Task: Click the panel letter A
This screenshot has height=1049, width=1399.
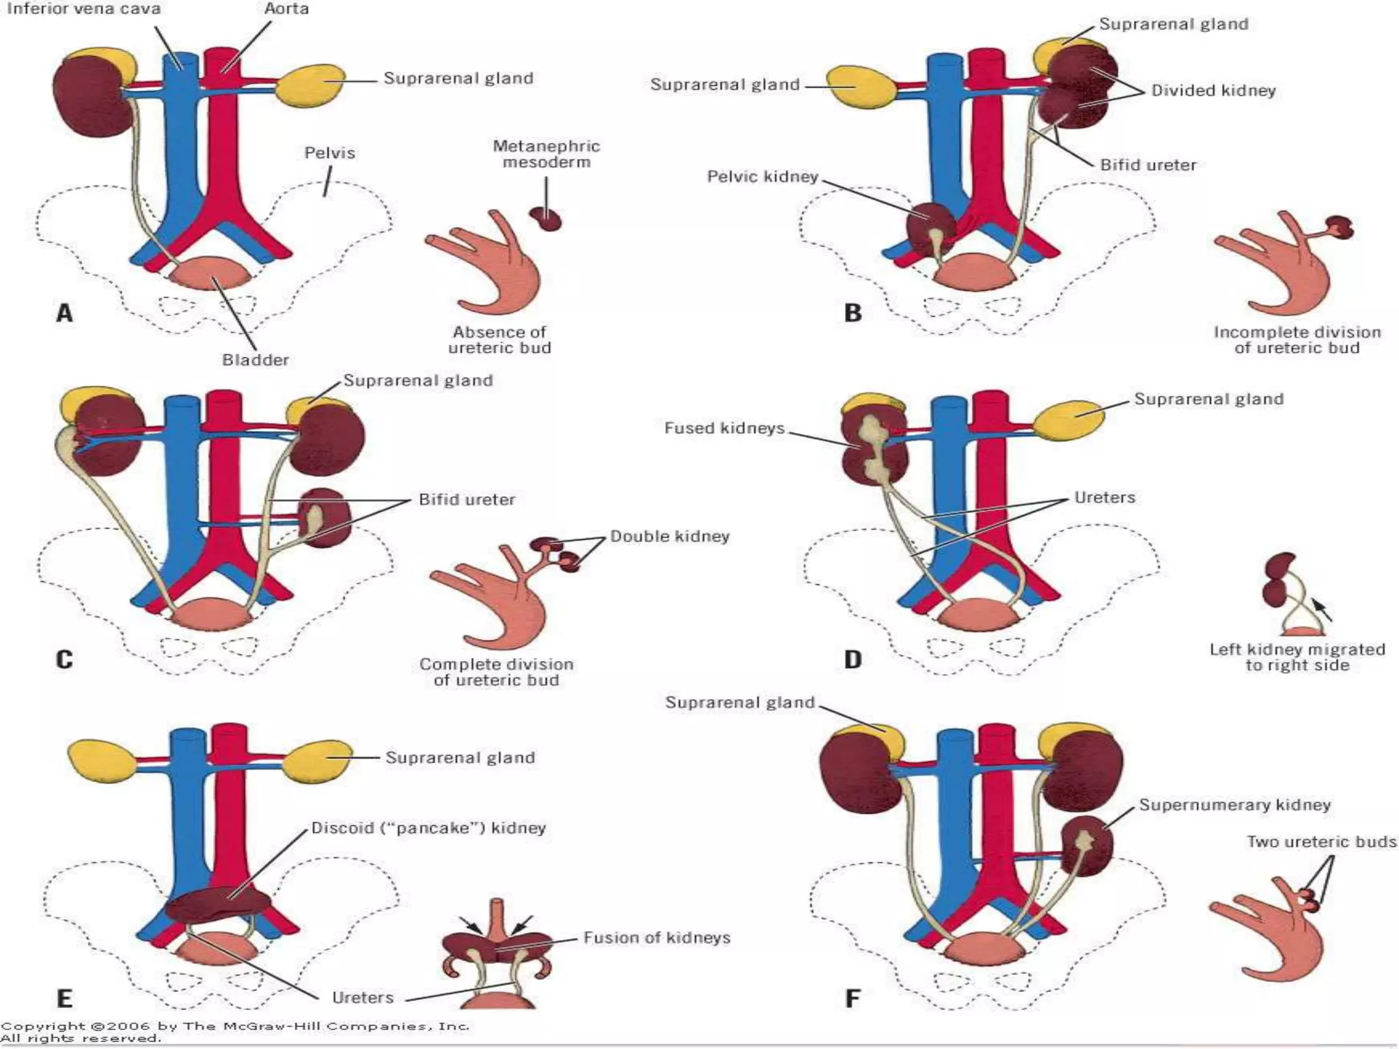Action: point(64,313)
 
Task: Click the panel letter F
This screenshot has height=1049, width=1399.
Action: point(853,998)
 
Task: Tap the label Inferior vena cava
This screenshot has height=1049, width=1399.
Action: point(83,10)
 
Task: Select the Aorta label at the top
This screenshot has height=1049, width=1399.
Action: point(286,10)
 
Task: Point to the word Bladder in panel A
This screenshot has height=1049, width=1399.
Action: point(255,360)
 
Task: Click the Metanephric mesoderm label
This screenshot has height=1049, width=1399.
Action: point(546,154)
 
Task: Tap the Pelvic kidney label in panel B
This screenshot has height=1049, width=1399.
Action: point(762,177)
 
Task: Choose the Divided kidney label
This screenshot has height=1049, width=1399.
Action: point(1213,91)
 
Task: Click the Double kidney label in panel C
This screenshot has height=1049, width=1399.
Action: point(669,537)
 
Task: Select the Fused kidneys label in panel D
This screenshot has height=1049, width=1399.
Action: point(724,428)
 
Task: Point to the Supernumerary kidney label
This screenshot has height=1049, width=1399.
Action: point(1234,805)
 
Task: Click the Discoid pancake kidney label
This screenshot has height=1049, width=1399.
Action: point(428,828)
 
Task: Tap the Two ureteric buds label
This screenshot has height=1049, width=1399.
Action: point(1321,842)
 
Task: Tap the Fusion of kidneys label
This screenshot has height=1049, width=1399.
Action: point(656,938)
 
